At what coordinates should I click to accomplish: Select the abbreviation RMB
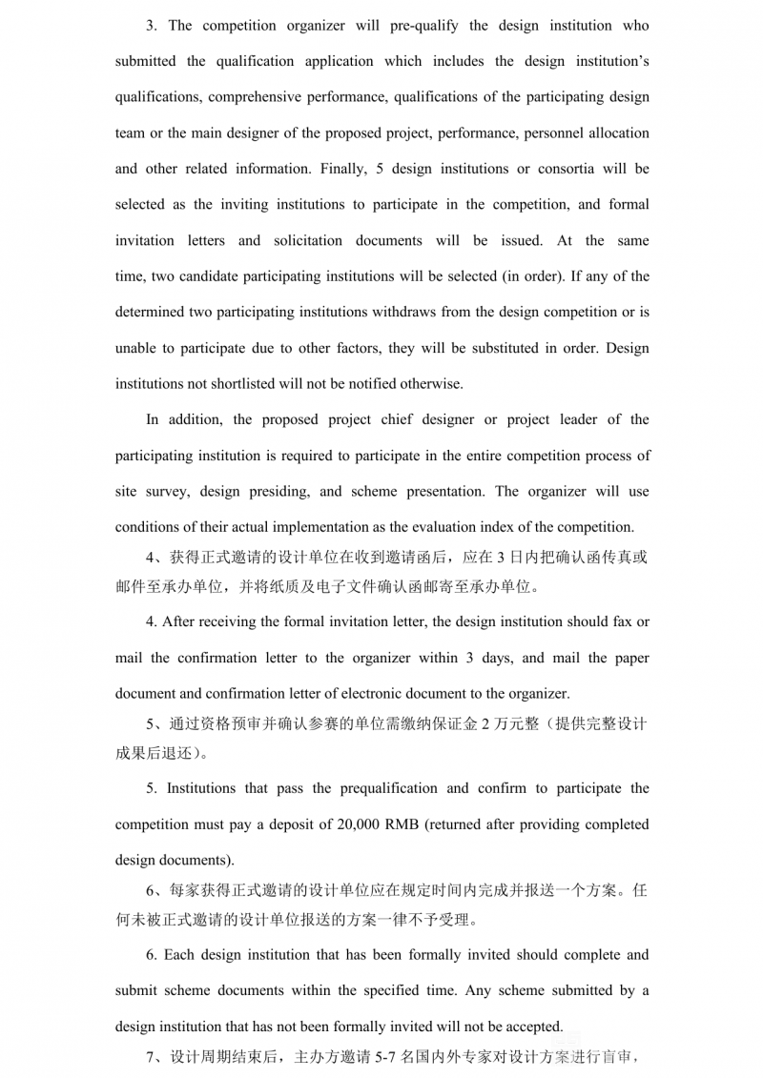click(x=410, y=824)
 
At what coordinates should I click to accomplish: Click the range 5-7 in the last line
click(x=385, y=1057)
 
